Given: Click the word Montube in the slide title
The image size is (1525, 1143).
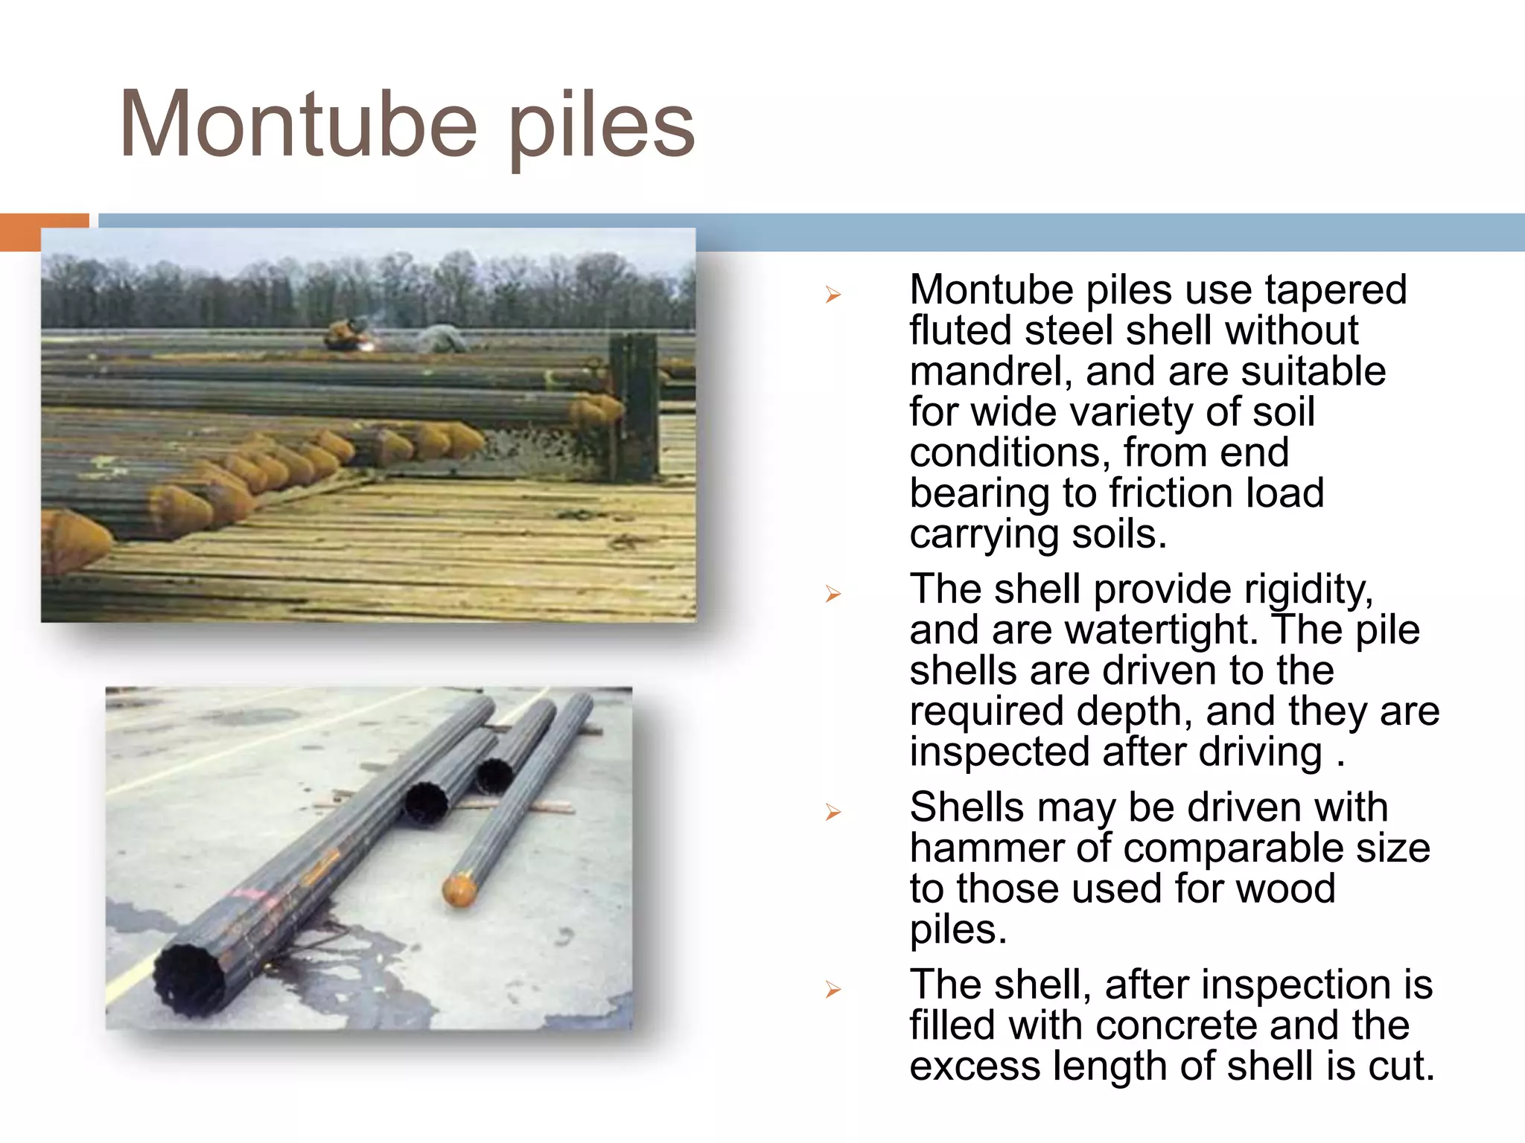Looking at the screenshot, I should [x=298, y=125].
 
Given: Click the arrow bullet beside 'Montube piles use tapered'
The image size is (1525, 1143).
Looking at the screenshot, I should [x=832, y=295].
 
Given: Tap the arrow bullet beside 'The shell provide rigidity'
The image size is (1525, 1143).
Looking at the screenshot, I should [x=832, y=594].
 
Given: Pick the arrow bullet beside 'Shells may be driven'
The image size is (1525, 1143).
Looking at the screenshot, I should [x=832, y=812].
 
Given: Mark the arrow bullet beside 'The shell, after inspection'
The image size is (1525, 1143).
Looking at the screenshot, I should [x=832, y=990].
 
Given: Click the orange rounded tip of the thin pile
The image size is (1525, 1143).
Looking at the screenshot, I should [x=459, y=890].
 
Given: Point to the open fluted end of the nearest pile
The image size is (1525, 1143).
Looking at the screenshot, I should [x=191, y=979].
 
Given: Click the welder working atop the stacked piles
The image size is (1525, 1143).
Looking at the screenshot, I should [x=344, y=334].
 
